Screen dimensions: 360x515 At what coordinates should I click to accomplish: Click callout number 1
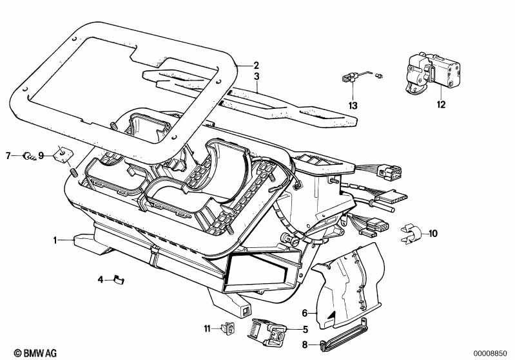click(x=56, y=240)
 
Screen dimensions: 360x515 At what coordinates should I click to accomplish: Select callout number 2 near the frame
click(x=256, y=65)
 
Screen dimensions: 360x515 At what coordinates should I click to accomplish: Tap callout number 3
click(x=256, y=77)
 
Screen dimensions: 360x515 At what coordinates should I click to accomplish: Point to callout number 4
click(x=101, y=279)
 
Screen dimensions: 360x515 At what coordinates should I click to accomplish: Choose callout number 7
click(x=8, y=155)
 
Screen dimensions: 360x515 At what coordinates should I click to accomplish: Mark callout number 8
click(x=305, y=345)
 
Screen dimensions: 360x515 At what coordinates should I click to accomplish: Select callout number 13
click(x=353, y=104)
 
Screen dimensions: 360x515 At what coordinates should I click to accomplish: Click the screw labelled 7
click(x=28, y=155)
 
